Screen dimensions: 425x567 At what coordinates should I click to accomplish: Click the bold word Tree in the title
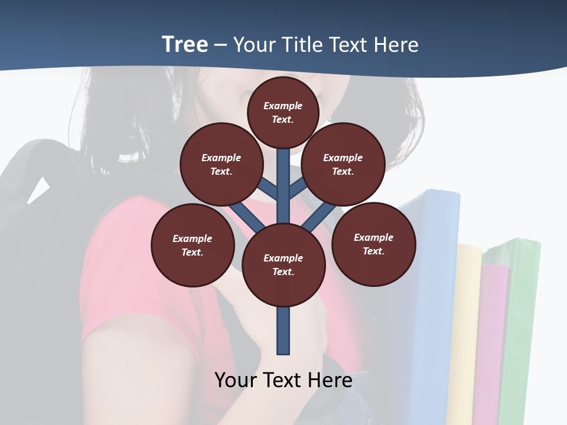point(185,45)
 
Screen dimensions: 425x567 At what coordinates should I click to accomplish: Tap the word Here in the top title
point(395,45)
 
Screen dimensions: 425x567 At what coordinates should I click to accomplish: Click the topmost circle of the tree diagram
point(283,112)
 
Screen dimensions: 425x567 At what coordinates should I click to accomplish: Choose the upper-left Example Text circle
point(221,164)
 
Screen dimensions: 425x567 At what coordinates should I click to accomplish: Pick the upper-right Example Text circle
point(343,164)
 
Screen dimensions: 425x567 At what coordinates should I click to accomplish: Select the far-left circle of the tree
point(193,245)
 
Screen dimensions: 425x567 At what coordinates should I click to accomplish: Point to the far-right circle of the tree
point(374,244)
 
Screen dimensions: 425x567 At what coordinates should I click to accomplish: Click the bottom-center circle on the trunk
point(283,264)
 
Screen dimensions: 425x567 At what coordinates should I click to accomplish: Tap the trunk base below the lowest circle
point(283,331)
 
